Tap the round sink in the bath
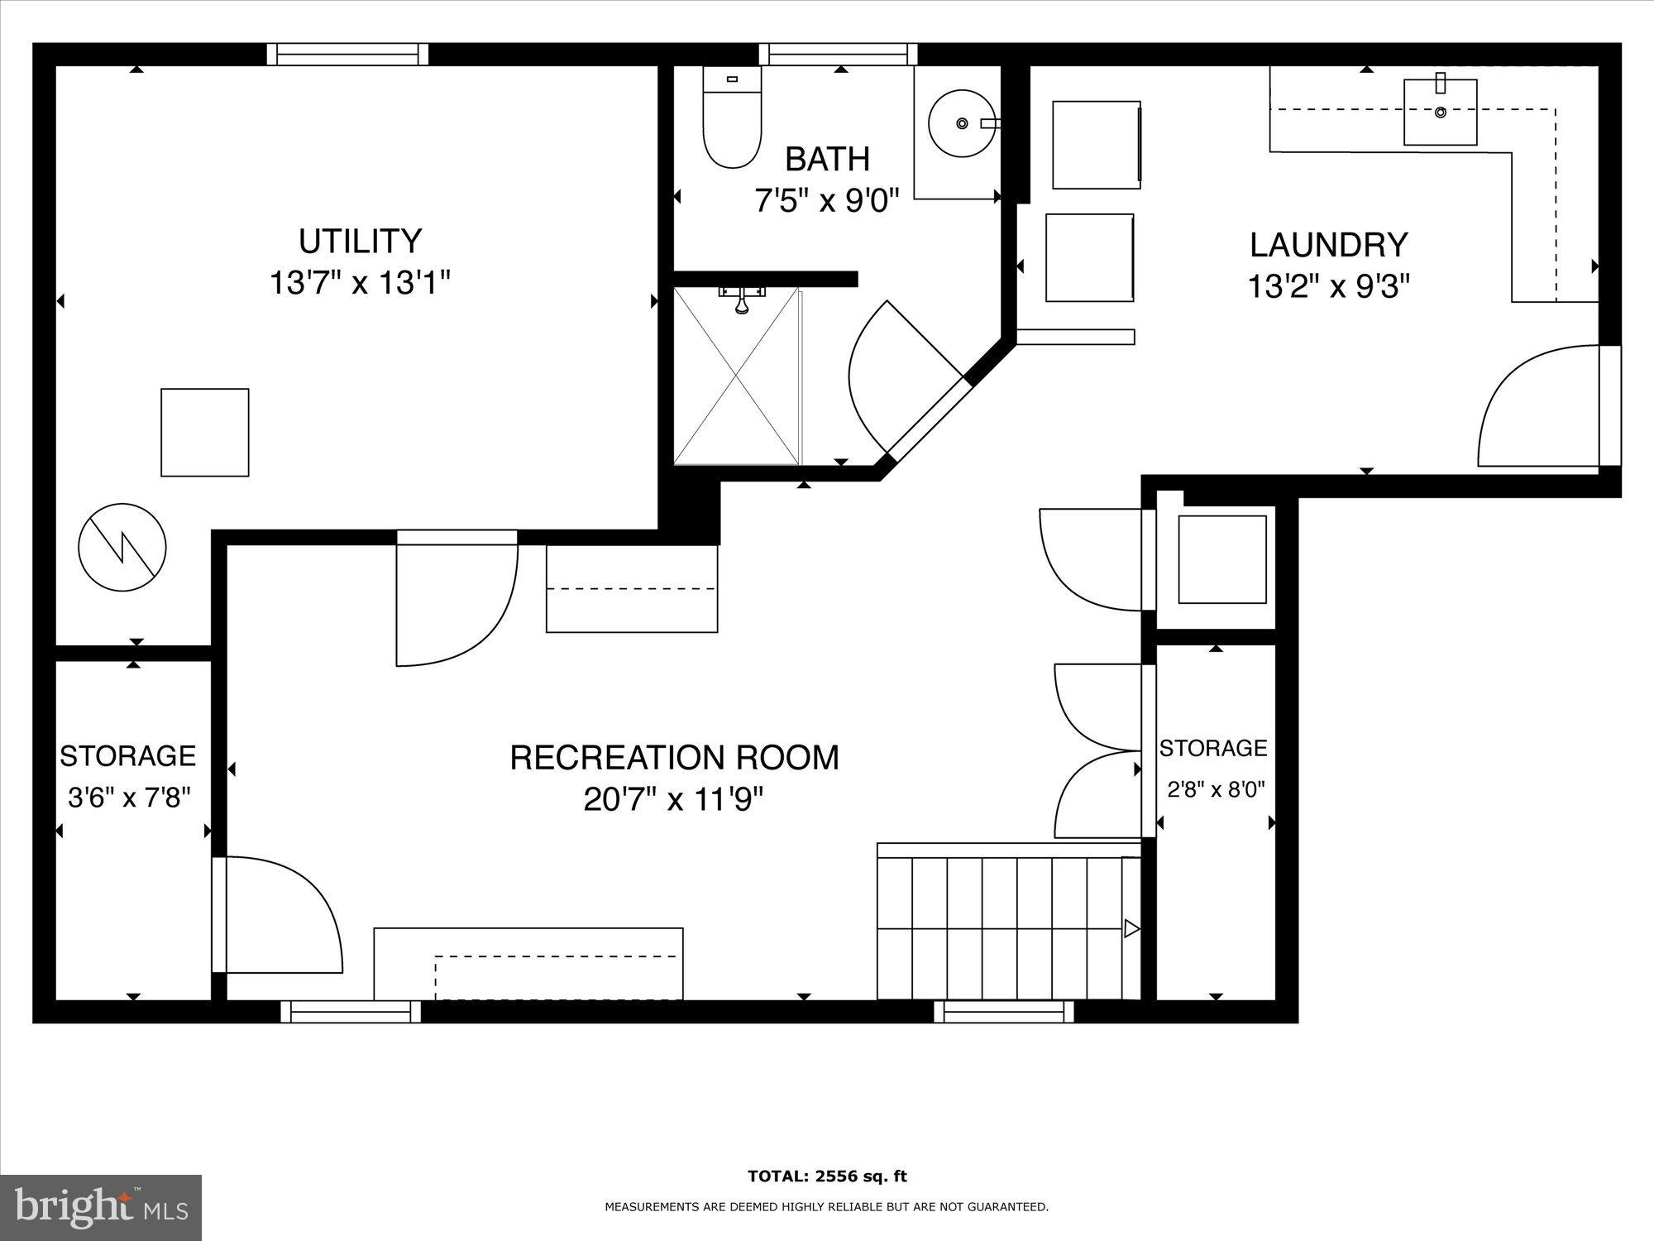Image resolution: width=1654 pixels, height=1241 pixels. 961,123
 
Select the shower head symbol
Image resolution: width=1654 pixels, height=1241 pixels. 743,304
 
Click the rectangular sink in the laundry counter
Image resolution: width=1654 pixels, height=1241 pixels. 1440,111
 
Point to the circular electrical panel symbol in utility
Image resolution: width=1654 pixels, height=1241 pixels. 122,547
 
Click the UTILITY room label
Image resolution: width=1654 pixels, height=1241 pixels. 360,242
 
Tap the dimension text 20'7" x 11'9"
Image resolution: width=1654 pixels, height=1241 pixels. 673,800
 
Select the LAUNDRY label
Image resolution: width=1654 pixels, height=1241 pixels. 1328,245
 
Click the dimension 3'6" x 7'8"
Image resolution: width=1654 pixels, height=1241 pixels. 129,798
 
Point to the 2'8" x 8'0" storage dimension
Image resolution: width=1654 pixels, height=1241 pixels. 1216,789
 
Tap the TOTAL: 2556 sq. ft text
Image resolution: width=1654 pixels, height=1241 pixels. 827,1176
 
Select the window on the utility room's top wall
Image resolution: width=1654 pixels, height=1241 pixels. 347,55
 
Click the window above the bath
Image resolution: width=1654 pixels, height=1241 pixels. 838,55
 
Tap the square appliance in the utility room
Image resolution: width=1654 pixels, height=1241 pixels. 204,432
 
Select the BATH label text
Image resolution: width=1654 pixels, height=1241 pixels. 827,158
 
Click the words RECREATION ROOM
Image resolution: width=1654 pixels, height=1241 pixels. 674,758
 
